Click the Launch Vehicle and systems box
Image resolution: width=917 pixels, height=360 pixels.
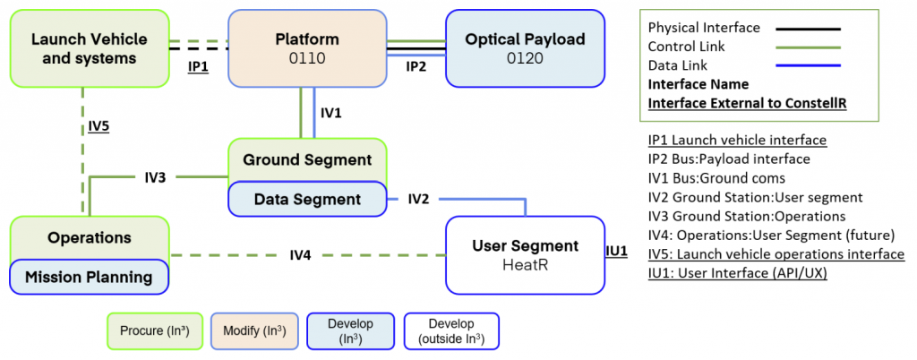click(90, 48)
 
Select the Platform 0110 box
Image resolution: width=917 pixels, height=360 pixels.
click(308, 48)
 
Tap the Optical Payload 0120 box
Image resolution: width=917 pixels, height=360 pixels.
click(525, 48)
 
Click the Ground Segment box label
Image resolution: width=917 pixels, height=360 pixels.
click(307, 159)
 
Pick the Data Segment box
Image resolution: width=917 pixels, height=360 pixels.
click(308, 200)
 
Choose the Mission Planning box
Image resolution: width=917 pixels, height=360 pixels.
click(90, 277)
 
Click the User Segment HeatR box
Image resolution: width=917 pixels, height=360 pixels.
click(525, 255)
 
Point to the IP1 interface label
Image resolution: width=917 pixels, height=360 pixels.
click(198, 67)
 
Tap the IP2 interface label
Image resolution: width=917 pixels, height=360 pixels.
click(416, 66)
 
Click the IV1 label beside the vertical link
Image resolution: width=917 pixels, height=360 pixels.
click(331, 113)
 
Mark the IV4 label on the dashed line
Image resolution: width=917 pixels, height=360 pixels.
click(300, 255)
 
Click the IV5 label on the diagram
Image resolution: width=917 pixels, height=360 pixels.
click(98, 124)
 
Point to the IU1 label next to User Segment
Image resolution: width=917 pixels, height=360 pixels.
click(616, 252)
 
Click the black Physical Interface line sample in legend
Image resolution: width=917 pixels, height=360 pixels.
click(809, 28)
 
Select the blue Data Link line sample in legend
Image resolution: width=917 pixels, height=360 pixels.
click(809, 65)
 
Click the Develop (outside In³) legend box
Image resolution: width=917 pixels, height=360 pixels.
click(451, 331)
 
